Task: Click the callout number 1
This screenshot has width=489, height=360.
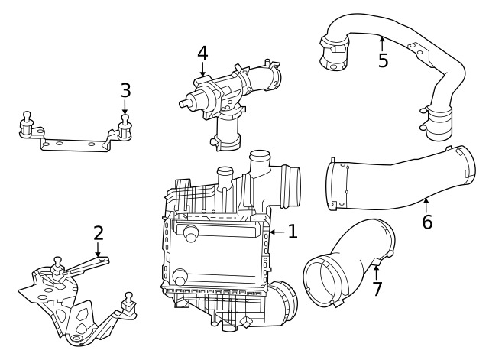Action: (x=293, y=232)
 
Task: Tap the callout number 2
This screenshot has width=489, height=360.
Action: (x=99, y=233)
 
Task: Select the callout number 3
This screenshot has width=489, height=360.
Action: (x=125, y=90)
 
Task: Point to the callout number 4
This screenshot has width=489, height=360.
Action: (x=202, y=53)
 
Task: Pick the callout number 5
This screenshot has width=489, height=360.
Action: (x=383, y=60)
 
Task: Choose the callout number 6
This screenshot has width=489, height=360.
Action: (x=427, y=222)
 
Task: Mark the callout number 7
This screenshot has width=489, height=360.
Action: (x=377, y=289)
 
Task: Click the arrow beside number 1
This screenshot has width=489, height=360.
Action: (x=277, y=232)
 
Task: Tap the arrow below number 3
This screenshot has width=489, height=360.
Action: (x=125, y=107)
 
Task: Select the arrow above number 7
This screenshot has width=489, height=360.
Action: (x=377, y=272)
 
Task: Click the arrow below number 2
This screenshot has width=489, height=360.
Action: (x=99, y=250)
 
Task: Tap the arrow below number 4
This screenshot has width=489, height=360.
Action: (x=202, y=69)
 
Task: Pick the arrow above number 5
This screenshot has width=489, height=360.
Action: (x=382, y=44)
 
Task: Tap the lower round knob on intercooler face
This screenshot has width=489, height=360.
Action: (x=180, y=277)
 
